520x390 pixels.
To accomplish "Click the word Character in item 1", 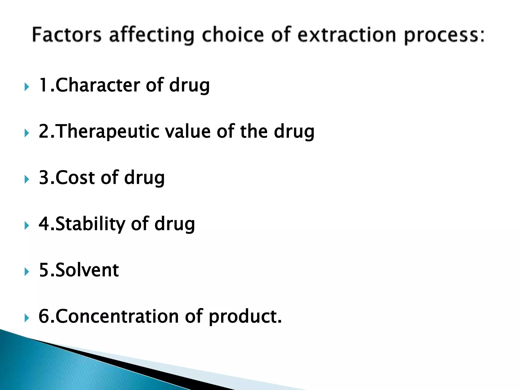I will coord(97,85).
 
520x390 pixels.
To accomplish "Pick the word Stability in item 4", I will coord(90,224).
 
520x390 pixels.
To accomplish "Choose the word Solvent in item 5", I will coord(87,270).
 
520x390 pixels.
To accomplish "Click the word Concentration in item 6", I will coord(117,316).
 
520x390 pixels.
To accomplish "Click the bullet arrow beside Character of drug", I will coord(27,87).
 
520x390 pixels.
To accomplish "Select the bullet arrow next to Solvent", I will coord(27,272).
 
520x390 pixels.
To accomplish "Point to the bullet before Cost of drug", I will coord(27,180).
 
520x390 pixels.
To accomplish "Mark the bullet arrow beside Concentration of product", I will coord(27,318).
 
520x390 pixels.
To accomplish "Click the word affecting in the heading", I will coord(152,35).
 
